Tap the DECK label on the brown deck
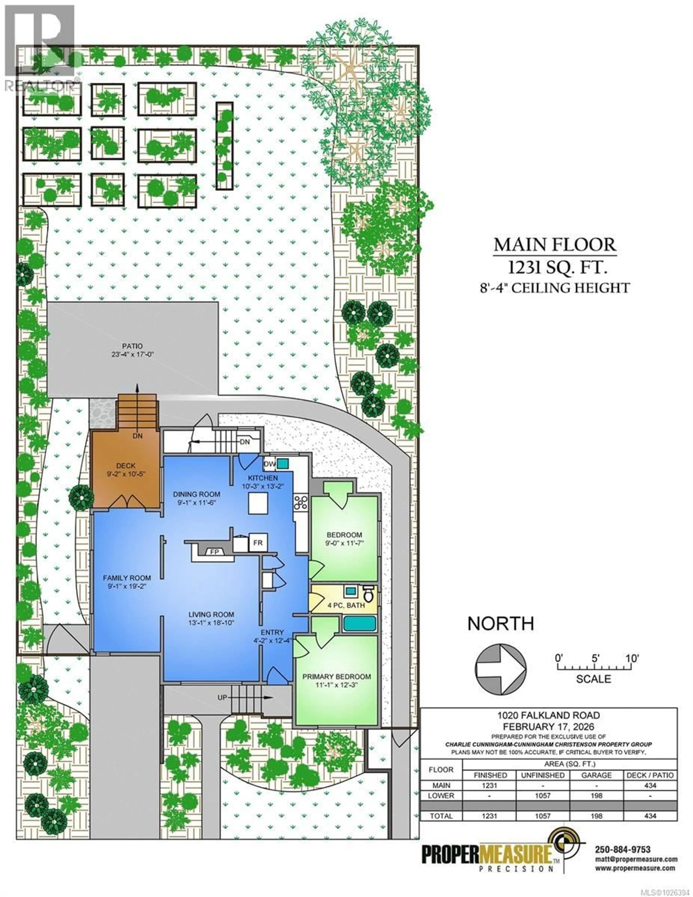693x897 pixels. click(x=126, y=465)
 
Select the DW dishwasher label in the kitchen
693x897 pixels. click(x=269, y=464)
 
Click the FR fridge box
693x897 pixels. click(x=258, y=543)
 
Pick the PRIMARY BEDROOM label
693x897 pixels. click(x=336, y=676)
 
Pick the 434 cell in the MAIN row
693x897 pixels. click(x=650, y=785)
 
